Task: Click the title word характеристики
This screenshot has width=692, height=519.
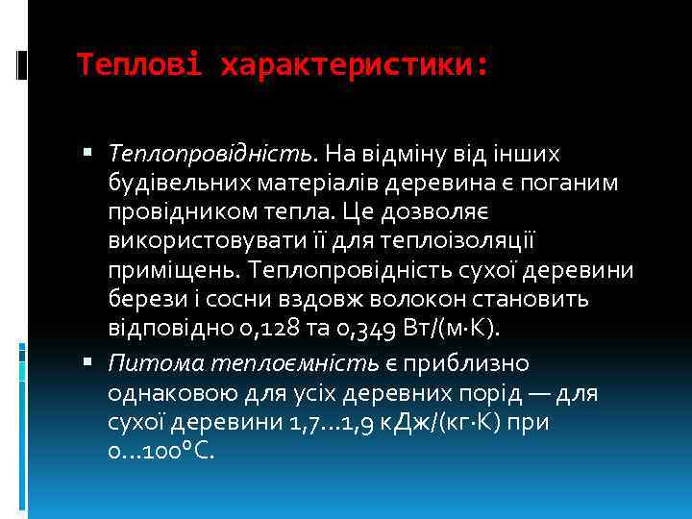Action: [354, 65]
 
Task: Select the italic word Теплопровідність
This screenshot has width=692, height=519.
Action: [210, 154]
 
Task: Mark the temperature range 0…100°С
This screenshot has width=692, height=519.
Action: [161, 451]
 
